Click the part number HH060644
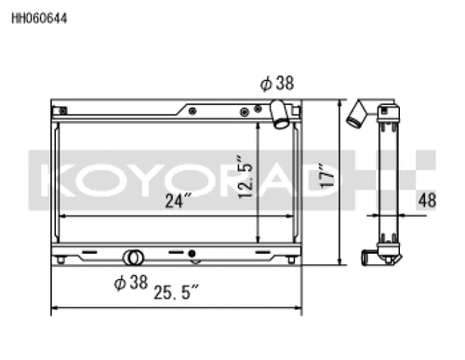(x=38, y=17)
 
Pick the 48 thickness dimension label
(x=428, y=198)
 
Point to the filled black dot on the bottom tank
(x=193, y=254)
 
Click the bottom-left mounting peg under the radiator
(x=61, y=261)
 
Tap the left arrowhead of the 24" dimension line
(x=62, y=215)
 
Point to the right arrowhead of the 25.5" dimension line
(x=299, y=307)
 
